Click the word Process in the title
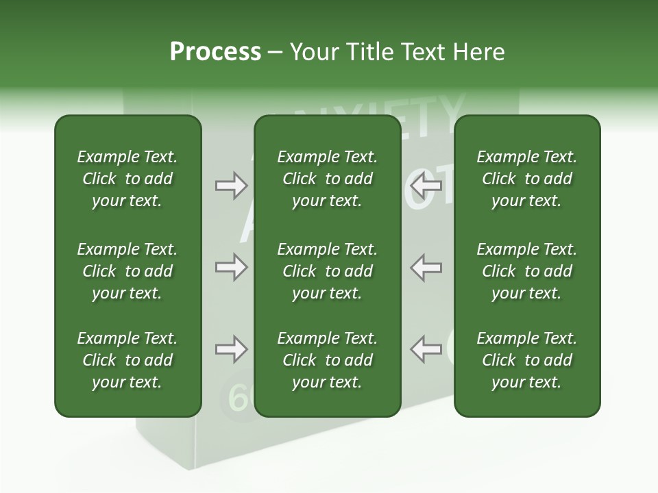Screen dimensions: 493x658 coord(215,52)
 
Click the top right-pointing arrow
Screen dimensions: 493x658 coord(231,185)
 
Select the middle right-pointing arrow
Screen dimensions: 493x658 coord(231,267)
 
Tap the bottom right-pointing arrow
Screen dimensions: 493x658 coord(231,349)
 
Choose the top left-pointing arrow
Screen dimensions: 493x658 coord(426,185)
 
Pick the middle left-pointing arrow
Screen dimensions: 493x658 coord(426,267)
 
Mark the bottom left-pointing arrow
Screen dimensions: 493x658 coord(426,349)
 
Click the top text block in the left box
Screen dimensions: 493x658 coord(127,179)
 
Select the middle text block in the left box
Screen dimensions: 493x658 coord(127,271)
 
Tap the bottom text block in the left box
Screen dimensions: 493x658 coord(127,360)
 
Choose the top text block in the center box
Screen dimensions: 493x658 coord(327,179)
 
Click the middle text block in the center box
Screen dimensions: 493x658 coord(327,271)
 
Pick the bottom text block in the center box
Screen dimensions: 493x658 coord(327,360)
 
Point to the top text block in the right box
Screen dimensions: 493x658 coord(527,179)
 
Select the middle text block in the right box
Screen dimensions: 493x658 coord(527,271)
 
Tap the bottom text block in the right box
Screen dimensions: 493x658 coord(527,360)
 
